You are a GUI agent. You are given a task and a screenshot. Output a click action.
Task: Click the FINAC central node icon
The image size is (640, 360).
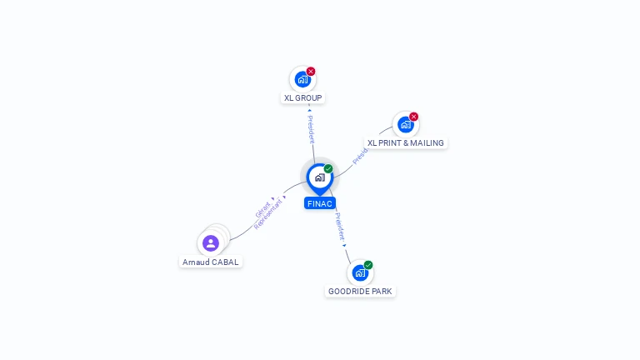[x=319, y=177]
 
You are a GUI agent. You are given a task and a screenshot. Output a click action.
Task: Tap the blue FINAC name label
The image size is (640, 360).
[x=320, y=203]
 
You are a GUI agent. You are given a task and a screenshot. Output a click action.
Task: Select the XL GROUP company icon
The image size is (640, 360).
[x=302, y=79]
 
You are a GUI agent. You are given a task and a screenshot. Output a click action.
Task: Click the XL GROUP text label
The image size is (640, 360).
[x=302, y=97]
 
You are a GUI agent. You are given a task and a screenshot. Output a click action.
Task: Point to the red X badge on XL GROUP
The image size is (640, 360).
[x=311, y=72]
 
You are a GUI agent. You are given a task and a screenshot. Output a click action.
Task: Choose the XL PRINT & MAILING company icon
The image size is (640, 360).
[x=405, y=124]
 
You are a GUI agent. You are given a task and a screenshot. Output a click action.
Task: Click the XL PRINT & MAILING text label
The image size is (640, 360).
[x=406, y=142]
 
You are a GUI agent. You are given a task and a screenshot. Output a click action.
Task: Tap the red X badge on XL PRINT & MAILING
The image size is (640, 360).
[x=413, y=117]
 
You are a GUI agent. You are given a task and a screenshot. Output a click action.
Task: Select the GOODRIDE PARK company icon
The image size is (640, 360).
[x=359, y=272]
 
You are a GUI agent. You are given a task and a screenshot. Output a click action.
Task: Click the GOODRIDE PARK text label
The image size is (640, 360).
[x=360, y=291]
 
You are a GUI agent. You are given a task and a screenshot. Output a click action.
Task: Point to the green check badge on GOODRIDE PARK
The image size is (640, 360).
[x=368, y=265]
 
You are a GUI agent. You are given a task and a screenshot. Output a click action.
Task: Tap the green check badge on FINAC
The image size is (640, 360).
[x=328, y=169]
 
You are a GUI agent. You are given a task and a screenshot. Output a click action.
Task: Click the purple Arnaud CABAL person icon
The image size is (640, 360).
[x=211, y=243]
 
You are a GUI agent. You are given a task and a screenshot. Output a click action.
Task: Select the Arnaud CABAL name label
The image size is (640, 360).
[x=211, y=262]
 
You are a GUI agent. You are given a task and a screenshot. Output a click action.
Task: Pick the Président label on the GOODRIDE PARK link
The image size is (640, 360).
[x=340, y=226]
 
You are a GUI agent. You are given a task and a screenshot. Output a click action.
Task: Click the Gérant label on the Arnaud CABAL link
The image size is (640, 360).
[x=263, y=209]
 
